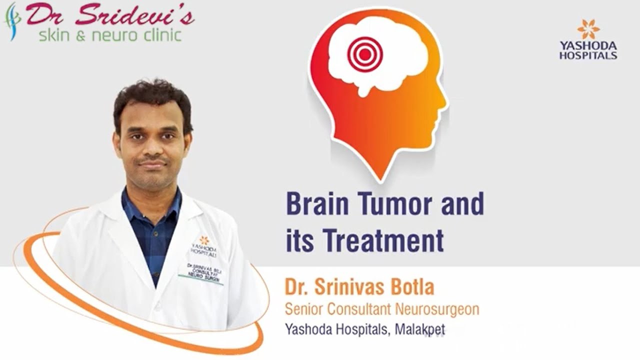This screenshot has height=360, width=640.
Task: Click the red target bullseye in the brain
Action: pos(365,54)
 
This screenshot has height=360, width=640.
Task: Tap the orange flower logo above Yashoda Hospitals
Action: pos(588,29)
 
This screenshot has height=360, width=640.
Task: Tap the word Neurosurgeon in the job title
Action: pos(437,309)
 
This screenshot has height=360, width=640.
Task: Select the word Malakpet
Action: pos(419,329)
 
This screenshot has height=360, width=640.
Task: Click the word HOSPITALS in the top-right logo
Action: pos(588,55)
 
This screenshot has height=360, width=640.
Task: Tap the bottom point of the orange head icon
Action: pos(380,177)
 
